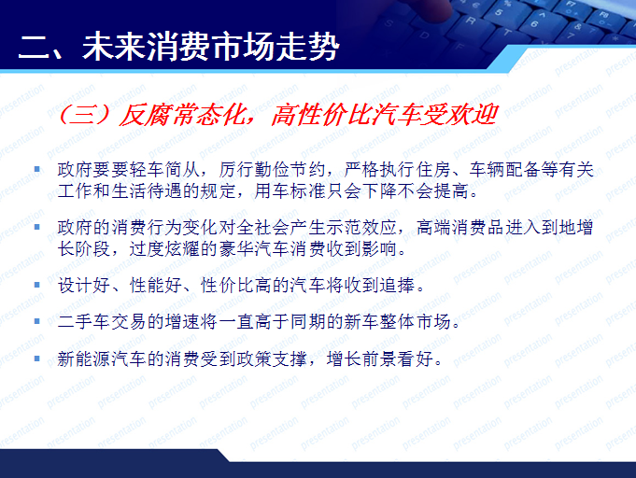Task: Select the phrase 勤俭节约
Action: click(x=285, y=172)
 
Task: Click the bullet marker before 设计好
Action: click(x=37, y=285)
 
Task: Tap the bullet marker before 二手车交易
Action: click(x=37, y=321)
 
